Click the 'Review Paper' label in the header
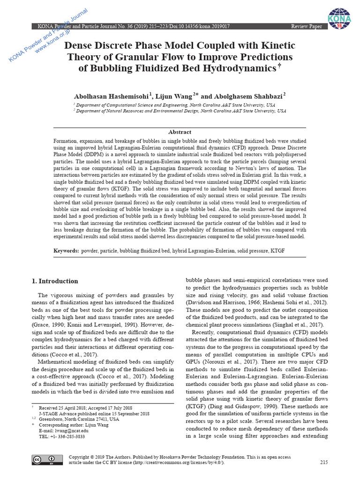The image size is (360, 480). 307,26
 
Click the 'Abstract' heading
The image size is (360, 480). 180,132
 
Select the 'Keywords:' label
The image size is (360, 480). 67,251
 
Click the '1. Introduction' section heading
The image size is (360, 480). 55,281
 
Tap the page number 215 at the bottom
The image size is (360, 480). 323,463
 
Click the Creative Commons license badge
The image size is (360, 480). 42,460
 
